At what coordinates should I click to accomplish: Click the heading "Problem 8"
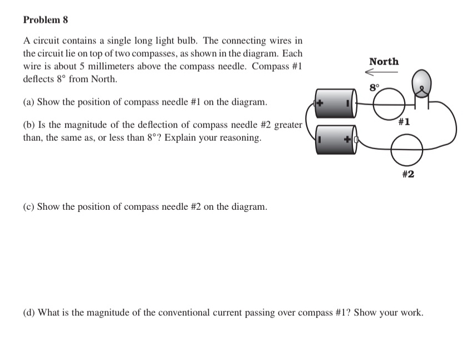(46, 20)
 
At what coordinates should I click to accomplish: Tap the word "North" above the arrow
(384, 62)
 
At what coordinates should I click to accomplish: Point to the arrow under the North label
(382, 72)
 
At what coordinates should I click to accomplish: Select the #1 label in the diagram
(404, 122)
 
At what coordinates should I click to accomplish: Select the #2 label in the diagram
(408, 174)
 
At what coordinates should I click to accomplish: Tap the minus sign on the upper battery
(347, 103)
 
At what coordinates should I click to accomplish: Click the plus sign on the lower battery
(347, 140)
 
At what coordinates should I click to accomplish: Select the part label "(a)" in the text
(30, 102)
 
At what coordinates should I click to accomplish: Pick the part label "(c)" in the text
(30, 207)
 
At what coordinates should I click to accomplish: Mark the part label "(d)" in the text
(30, 313)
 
